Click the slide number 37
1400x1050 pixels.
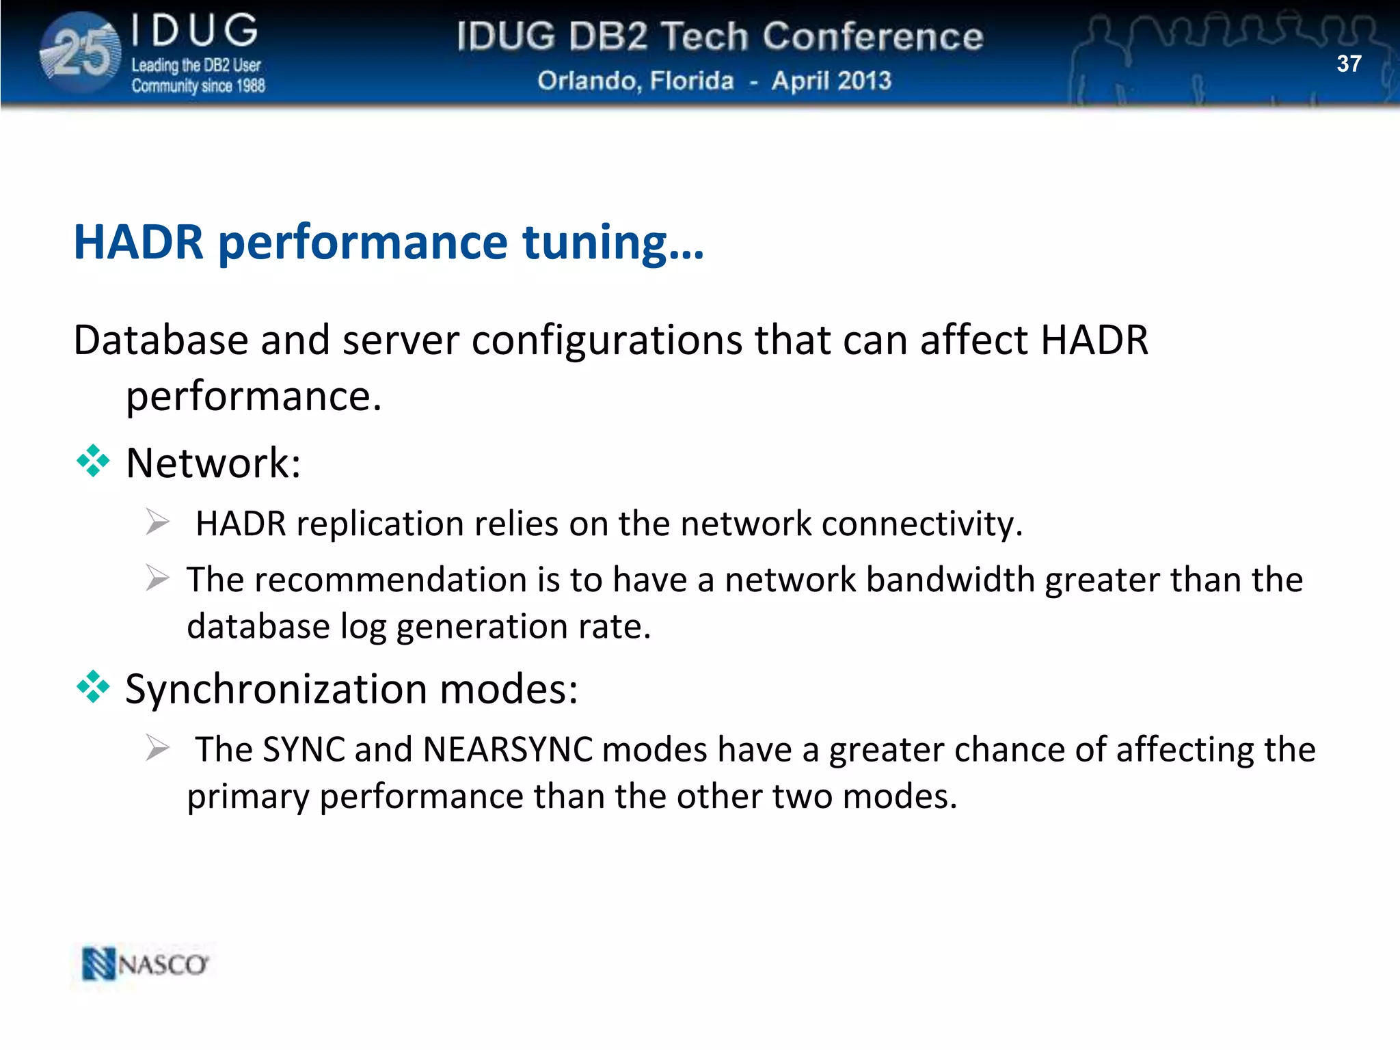[x=1349, y=64]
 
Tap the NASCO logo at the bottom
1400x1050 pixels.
[x=145, y=965]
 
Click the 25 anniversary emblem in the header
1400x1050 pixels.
[x=81, y=53]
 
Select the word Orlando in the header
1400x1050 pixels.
[x=588, y=81]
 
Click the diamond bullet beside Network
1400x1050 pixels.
[x=93, y=461]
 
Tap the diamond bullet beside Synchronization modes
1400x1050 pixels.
[x=93, y=687]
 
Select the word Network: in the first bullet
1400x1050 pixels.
[x=213, y=463]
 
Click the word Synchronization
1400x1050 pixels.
[x=276, y=688]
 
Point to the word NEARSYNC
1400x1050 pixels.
[x=507, y=749]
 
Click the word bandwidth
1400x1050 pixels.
[x=950, y=580]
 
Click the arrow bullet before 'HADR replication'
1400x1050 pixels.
[x=157, y=523]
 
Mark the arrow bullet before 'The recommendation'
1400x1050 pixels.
[x=157, y=579]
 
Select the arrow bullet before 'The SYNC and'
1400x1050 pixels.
[x=157, y=749]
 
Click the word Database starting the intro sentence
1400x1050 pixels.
[x=161, y=340]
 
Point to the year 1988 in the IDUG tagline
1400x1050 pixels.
[x=250, y=86]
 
